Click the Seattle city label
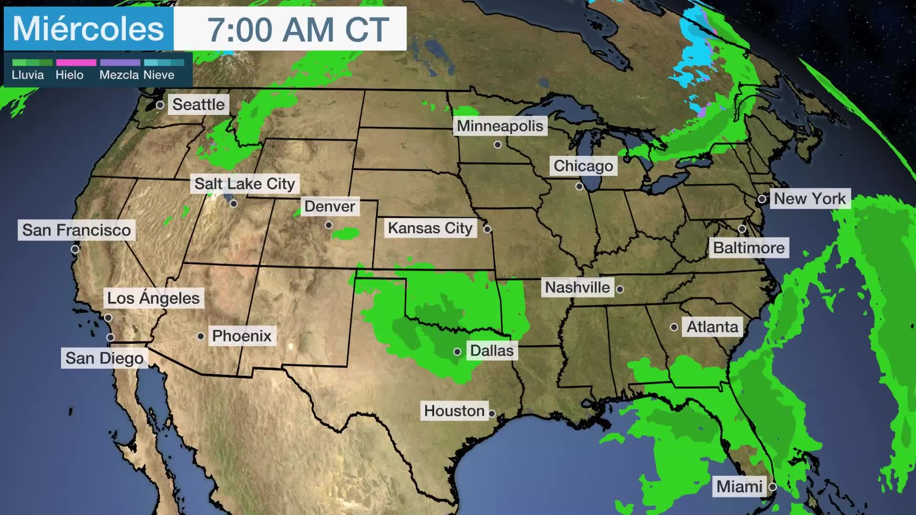198,104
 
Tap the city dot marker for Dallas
457,352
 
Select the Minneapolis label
500,126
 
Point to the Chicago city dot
579,186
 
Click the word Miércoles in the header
88,29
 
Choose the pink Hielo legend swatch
76,62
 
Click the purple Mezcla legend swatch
120,62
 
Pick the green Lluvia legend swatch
32,62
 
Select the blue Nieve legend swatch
164,62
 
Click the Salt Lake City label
245,184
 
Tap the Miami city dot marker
772,487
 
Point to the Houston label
454,411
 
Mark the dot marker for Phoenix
201,336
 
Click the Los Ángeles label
153,298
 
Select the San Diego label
104,358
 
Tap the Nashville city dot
620,289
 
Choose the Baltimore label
749,248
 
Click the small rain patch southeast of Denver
346,234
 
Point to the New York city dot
762,199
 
